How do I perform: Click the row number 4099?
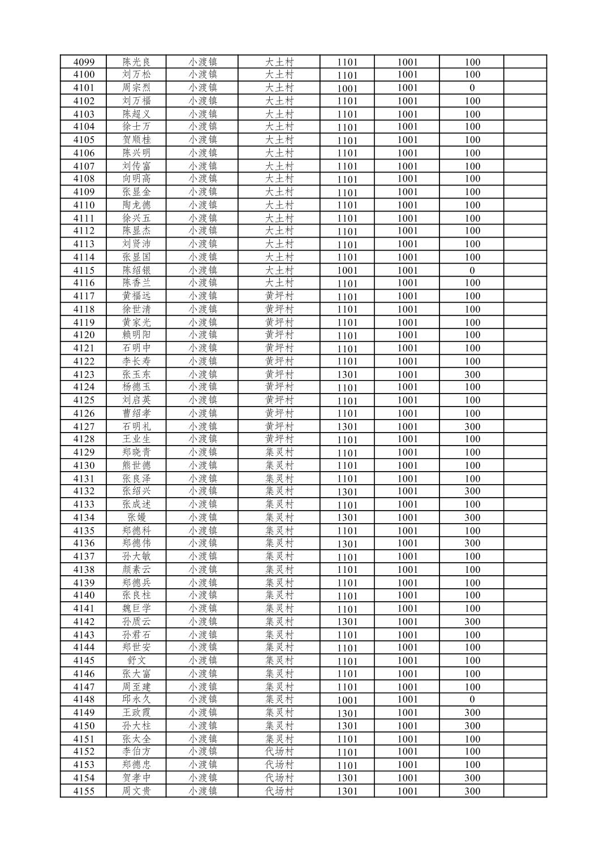pos(84,62)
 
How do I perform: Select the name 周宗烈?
pos(136,88)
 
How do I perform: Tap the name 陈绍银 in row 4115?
pos(136,270)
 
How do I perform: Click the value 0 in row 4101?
pos(472,88)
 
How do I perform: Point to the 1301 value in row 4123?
pos(347,374)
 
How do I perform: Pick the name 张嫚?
pos(136,517)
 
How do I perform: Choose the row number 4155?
pos(84,791)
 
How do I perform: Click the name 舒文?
pos(136,661)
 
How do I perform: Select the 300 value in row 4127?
pos(472,426)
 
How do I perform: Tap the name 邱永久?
pos(136,700)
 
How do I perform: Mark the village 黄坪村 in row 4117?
pos(279,296)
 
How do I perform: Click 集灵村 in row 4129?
pos(279,452)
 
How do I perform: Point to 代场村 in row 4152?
pos(279,752)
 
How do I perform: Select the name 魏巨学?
pos(136,608)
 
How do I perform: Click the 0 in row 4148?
pos(472,700)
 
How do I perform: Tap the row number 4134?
pos(84,517)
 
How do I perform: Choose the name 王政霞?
pos(136,713)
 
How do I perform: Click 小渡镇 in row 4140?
pos(202,595)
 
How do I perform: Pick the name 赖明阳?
pos(136,335)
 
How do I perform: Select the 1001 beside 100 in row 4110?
pos(407,205)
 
